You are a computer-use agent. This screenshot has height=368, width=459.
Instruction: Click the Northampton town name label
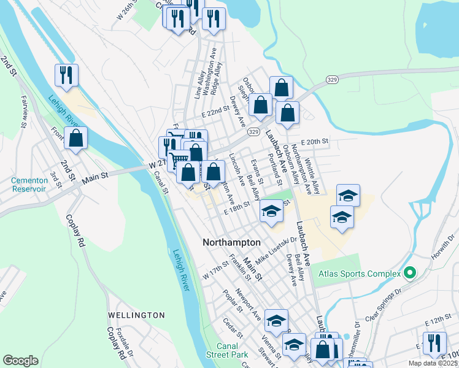coord(231,243)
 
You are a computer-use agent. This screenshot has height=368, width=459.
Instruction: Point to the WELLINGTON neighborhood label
coord(136,315)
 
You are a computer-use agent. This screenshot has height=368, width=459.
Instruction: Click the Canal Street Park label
coord(226,351)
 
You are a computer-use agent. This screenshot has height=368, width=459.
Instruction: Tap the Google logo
coord(20,361)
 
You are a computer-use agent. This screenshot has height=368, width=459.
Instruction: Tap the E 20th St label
coord(314,141)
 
